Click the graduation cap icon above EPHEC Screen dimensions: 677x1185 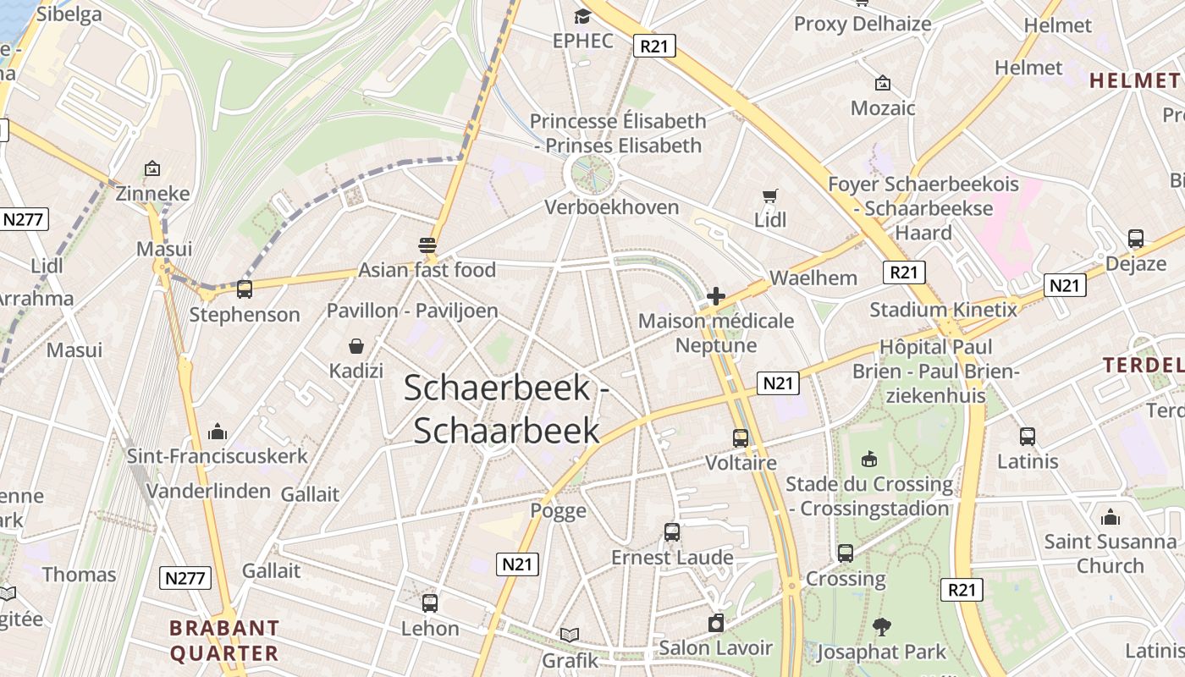click(x=582, y=16)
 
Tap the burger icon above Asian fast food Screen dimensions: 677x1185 click(x=427, y=245)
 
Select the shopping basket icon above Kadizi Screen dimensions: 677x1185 click(x=356, y=346)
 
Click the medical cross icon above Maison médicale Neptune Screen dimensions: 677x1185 click(x=716, y=296)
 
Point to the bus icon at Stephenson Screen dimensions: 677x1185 click(x=245, y=289)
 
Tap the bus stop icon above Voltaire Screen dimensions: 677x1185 click(x=741, y=438)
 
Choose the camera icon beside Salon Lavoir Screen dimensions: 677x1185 click(x=716, y=624)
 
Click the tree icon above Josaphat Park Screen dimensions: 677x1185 click(x=882, y=627)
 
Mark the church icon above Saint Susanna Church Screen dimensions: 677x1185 click(x=1111, y=517)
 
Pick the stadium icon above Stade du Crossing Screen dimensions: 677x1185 click(x=868, y=460)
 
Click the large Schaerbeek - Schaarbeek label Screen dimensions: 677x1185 click(x=506, y=409)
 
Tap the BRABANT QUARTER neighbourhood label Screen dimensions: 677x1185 click(x=223, y=641)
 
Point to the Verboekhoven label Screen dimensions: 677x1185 click(x=612, y=207)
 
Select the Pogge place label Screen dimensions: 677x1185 click(x=559, y=510)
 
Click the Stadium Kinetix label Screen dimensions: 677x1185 click(x=944, y=310)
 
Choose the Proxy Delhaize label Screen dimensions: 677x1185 click(x=863, y=24)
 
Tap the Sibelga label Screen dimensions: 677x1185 click(x=69, y=14)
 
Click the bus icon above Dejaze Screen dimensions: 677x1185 click(x=1136, y=239)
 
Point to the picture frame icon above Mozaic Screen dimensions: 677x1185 click(x=883, y=83)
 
